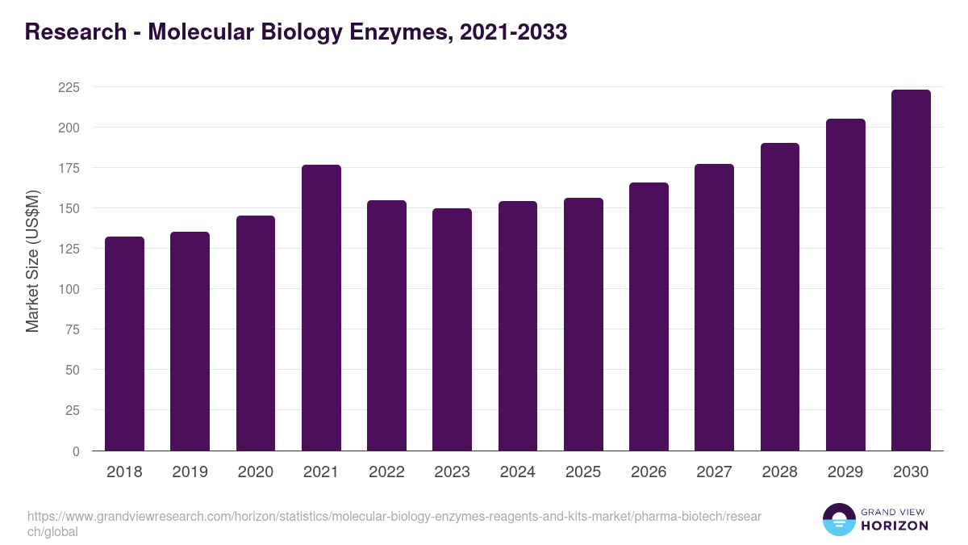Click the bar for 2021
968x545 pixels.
[321, 308]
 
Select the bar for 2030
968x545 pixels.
[911, 270]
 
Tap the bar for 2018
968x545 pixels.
[124, 344]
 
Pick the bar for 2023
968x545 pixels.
[452, 329]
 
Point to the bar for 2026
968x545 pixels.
[649, 317]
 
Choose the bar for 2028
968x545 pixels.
[779, 297]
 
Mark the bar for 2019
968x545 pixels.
[190, 342]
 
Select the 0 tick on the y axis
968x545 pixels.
[76, 451]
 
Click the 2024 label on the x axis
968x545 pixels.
[517, 472]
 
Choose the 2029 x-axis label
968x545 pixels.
[845, 472]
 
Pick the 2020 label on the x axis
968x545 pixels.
[255, 472]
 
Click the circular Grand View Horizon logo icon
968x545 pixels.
[838, 519]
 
